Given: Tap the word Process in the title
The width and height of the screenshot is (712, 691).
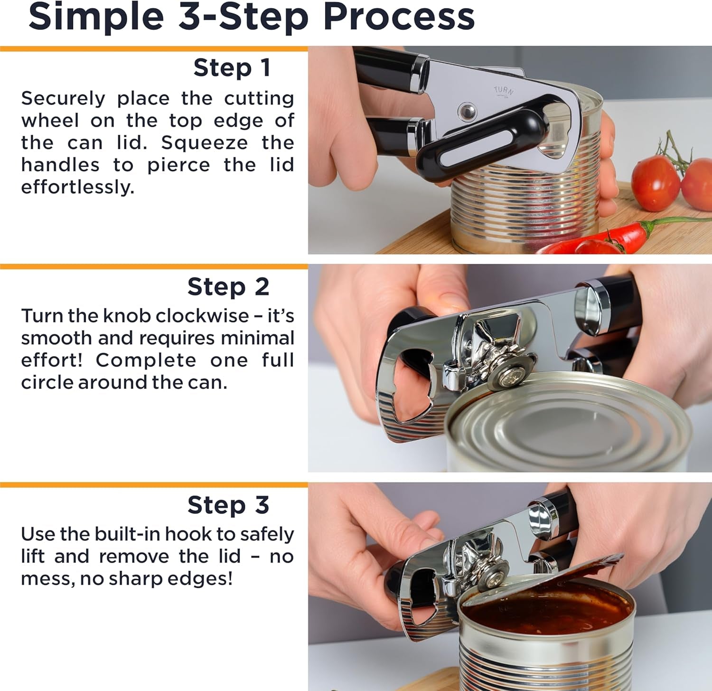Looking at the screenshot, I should (399, 18).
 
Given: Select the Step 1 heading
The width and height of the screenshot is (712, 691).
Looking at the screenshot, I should (232, 68).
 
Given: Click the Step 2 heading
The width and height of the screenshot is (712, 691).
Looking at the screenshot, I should (228, 287).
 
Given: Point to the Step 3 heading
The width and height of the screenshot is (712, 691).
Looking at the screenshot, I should (228, 505).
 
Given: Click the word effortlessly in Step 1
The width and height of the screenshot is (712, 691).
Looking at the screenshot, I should (77, 187).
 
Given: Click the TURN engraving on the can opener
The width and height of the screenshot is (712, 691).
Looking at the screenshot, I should (504, 91).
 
